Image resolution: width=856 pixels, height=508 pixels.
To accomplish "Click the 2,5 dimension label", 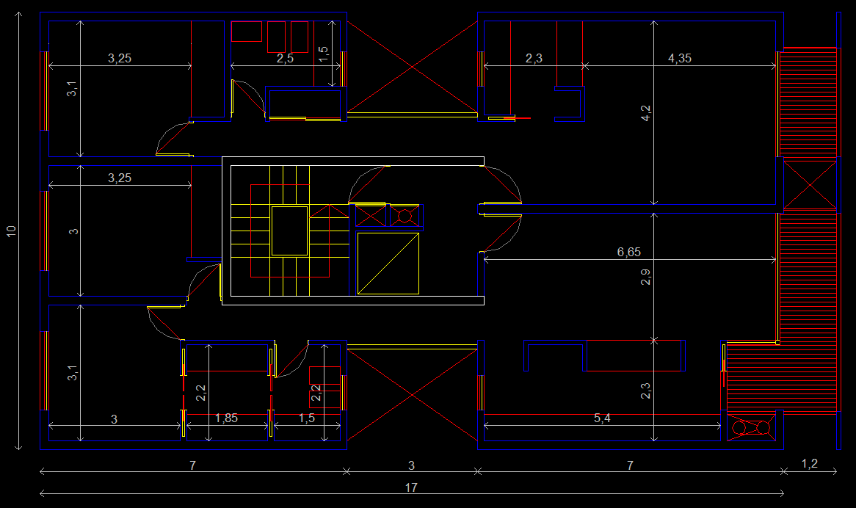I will coord(285,59).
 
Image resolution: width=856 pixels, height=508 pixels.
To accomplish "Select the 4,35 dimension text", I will coord(679,59).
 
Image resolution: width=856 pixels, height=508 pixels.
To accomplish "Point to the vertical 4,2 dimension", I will coord(645,113).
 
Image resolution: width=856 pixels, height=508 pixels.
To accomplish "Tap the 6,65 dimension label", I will coord(628,252).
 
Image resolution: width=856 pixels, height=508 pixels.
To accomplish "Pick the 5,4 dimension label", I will coord(602,418).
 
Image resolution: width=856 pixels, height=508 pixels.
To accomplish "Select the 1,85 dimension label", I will coord(226,418).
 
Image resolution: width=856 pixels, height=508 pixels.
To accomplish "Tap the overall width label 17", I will coord(411,487).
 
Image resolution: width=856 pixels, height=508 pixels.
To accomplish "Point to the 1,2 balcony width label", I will coord(808,464).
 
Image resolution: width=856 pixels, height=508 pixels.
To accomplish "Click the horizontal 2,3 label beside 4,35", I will coord(534,59).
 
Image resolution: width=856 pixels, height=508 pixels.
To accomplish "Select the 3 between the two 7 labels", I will coord(411,465).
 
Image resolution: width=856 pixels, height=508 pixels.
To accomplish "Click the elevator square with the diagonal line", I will coord(388,263).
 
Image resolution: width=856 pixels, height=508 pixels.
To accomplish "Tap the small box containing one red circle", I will coord(405,216).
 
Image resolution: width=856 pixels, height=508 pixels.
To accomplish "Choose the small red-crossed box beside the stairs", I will coord(371,216).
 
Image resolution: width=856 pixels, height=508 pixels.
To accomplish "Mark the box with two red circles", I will coord(751,428).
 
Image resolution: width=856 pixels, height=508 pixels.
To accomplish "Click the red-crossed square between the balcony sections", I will coord(810,184).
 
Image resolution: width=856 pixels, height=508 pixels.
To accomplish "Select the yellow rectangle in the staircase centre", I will coord(289,231).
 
